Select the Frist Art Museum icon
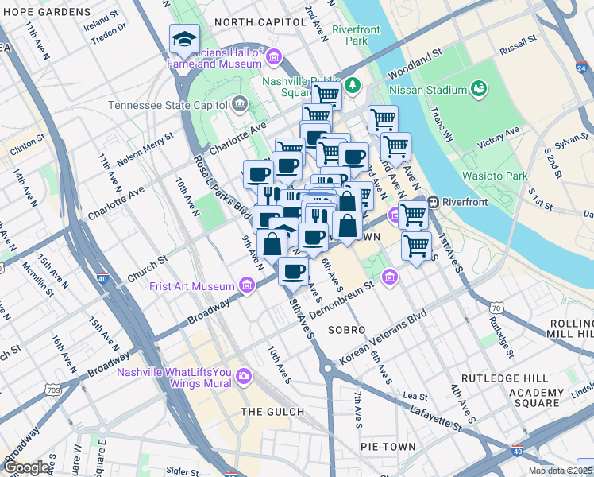247,285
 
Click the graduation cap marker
184,39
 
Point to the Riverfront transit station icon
434,202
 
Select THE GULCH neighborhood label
272,411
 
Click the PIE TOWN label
388,447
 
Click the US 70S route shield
53,390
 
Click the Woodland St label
415,66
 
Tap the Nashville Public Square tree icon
350,84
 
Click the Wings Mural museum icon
243,374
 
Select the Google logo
27,467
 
